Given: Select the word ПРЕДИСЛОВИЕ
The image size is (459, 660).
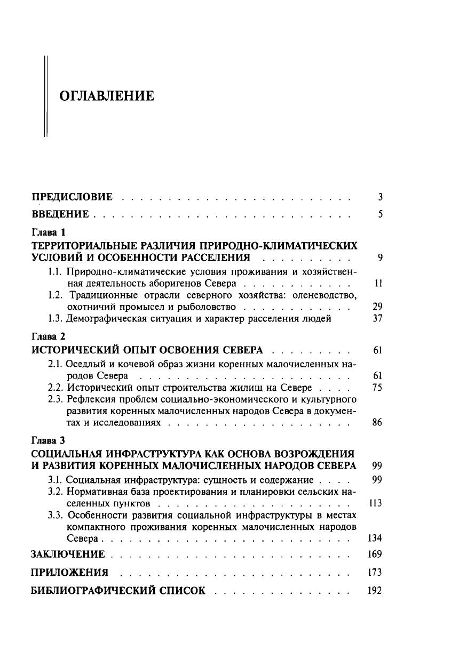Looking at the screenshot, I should click(x=72, y=197).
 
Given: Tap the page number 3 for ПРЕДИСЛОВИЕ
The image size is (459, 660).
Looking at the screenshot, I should click(x=381, y=197).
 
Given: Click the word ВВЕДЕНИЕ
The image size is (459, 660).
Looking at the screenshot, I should click(x=60, y=214).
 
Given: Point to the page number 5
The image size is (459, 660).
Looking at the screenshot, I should click(x=381, y=214).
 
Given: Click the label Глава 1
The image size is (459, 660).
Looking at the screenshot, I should click(x=48, y=232).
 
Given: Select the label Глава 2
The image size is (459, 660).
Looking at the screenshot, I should click(x=48, y=337).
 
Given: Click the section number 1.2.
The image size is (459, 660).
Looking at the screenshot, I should click(x=56, y=295).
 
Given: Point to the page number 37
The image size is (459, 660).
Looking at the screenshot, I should click(x=377, y=319).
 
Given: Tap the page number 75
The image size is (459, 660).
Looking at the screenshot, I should click(x=377, y=388).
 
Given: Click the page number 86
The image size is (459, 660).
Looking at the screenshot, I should click(x=377, y=423).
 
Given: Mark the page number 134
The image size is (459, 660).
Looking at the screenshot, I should click(x=375, y=538).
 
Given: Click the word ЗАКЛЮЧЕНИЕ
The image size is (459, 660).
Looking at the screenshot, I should click(x=68, y=554).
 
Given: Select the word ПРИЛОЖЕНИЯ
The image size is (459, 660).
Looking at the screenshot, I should click(x=69, y=573).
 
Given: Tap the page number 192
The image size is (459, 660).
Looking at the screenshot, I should click(x=375, y=591).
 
